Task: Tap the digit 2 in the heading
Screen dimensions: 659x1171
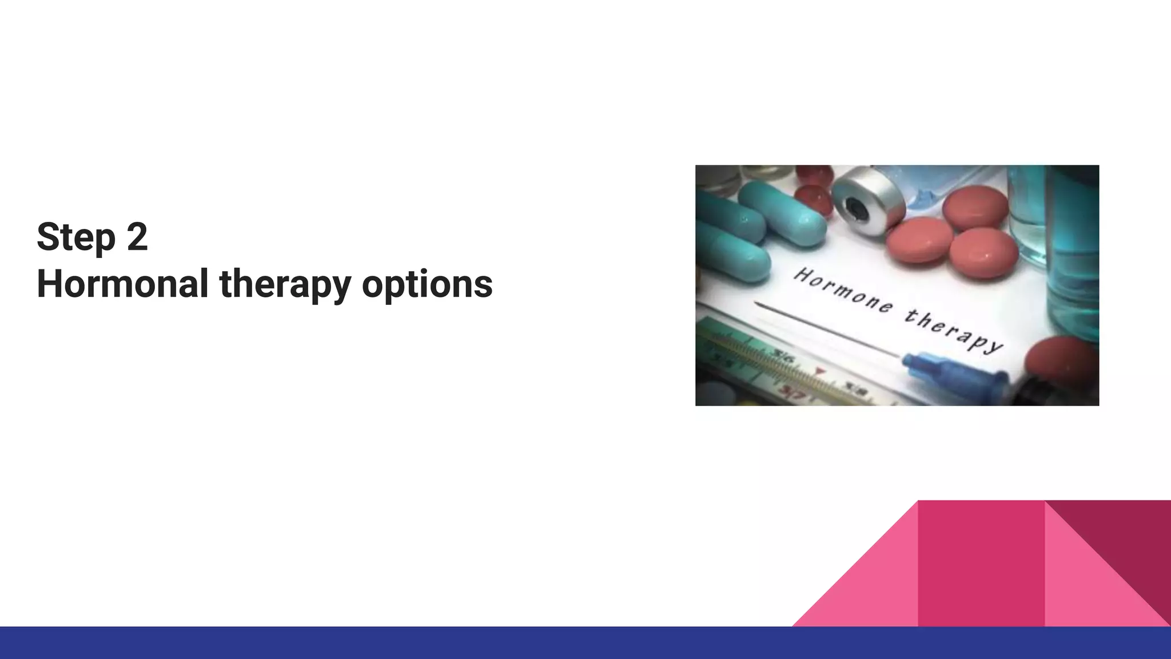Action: click(x=137, y=236)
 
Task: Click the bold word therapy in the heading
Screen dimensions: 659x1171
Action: click(x=285, y=285)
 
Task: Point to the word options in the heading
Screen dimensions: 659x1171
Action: click(x=427, y=285)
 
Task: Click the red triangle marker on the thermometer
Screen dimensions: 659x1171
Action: click(x=821, y=373)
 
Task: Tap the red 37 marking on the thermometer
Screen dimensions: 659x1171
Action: click(x=792, y=394)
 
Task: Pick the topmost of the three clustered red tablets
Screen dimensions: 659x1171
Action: click(x=975, y=208)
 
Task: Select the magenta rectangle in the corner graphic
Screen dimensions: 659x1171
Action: click(x=981, y=563)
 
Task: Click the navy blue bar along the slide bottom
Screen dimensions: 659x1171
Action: click(x=585, y=643)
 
